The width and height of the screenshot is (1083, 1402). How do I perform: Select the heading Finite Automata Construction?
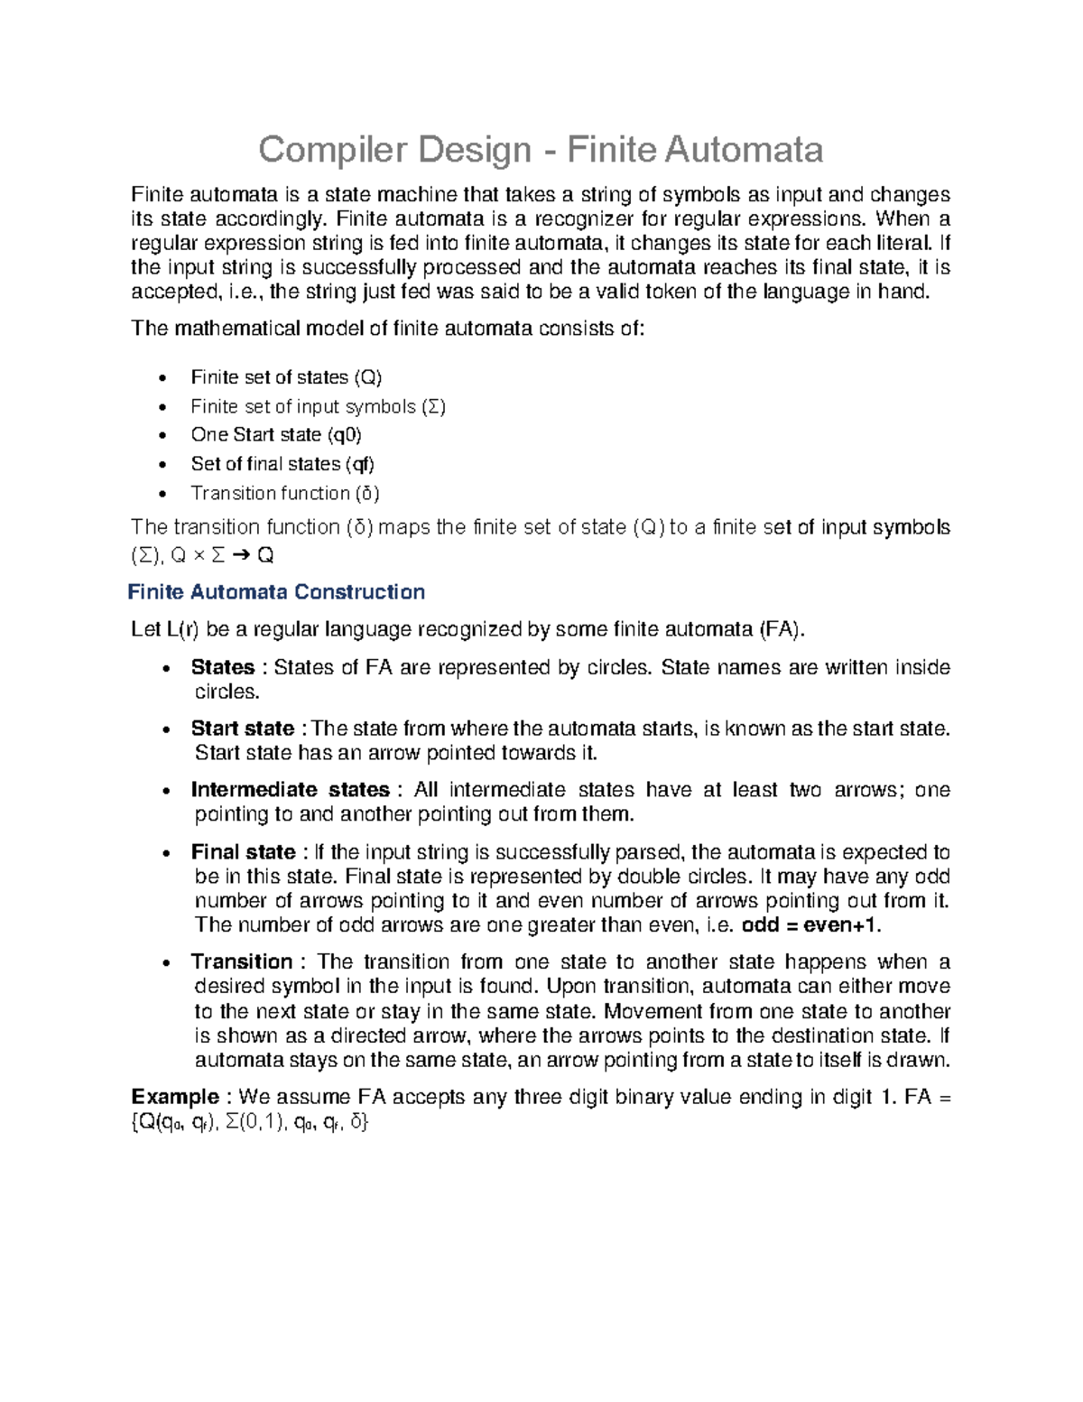click(x=276, y=592)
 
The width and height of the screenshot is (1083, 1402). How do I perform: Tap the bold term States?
click(x=222, y=667)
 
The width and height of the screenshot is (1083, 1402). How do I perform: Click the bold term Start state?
click(x=242, y=729)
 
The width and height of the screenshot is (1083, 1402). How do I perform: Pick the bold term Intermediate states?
click(x=290, y=790)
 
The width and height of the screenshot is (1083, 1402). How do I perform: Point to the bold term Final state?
click(x=243, y=852)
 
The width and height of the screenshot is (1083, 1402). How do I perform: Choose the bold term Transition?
click(x=241, y=961)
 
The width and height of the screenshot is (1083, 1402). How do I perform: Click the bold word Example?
click(x=175, y=1097)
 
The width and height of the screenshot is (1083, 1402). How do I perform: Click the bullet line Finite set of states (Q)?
click(x=286, y=377)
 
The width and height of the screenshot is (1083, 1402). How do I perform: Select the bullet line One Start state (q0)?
click(x=276, y=435)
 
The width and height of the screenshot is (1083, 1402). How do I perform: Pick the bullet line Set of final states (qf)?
click(x=282, y=464)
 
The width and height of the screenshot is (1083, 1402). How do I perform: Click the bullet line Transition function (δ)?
click(x=285, y=493)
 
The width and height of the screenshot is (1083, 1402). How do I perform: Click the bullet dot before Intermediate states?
click(x=164, y=792)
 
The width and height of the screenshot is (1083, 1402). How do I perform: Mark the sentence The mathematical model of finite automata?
click(x=388, y=329)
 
